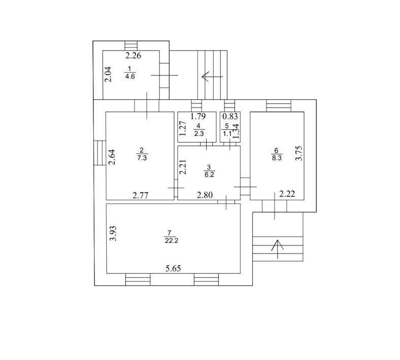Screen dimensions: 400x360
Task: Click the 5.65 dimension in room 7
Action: coord(173,268)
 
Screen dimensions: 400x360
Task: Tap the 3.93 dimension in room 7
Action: coord(113,233)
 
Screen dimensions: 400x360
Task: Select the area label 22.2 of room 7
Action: coord(172,240)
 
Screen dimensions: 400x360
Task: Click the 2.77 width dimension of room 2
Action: coord(141,195)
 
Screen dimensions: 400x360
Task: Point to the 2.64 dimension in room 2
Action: coord(112,157)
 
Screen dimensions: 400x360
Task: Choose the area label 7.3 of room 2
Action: coord(142,158)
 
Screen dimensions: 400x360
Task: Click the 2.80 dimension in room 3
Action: coord(205,195)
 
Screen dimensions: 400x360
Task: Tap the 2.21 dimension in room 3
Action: coord(183,167)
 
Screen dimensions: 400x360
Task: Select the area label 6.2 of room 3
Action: coord(209,175)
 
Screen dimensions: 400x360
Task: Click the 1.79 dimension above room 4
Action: coord(198,116)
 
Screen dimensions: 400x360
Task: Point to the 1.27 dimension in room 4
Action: coord(183,128)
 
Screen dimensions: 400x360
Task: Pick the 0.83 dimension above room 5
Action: coord(230,117)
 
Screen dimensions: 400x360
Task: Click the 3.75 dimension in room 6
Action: coord(298,153)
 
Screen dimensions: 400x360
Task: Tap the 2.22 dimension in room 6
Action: coord(287,194)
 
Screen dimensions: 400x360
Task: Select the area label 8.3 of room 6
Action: coord(277,158)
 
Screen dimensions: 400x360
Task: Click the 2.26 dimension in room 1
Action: coord(133,55)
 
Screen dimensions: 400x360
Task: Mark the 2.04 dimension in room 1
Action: coord(108,74)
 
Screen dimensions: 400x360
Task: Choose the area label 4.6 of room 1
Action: coord(130,76)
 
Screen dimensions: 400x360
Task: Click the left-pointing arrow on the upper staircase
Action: coord(212,77)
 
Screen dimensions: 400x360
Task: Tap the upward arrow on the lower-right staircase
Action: coord(278,249)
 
